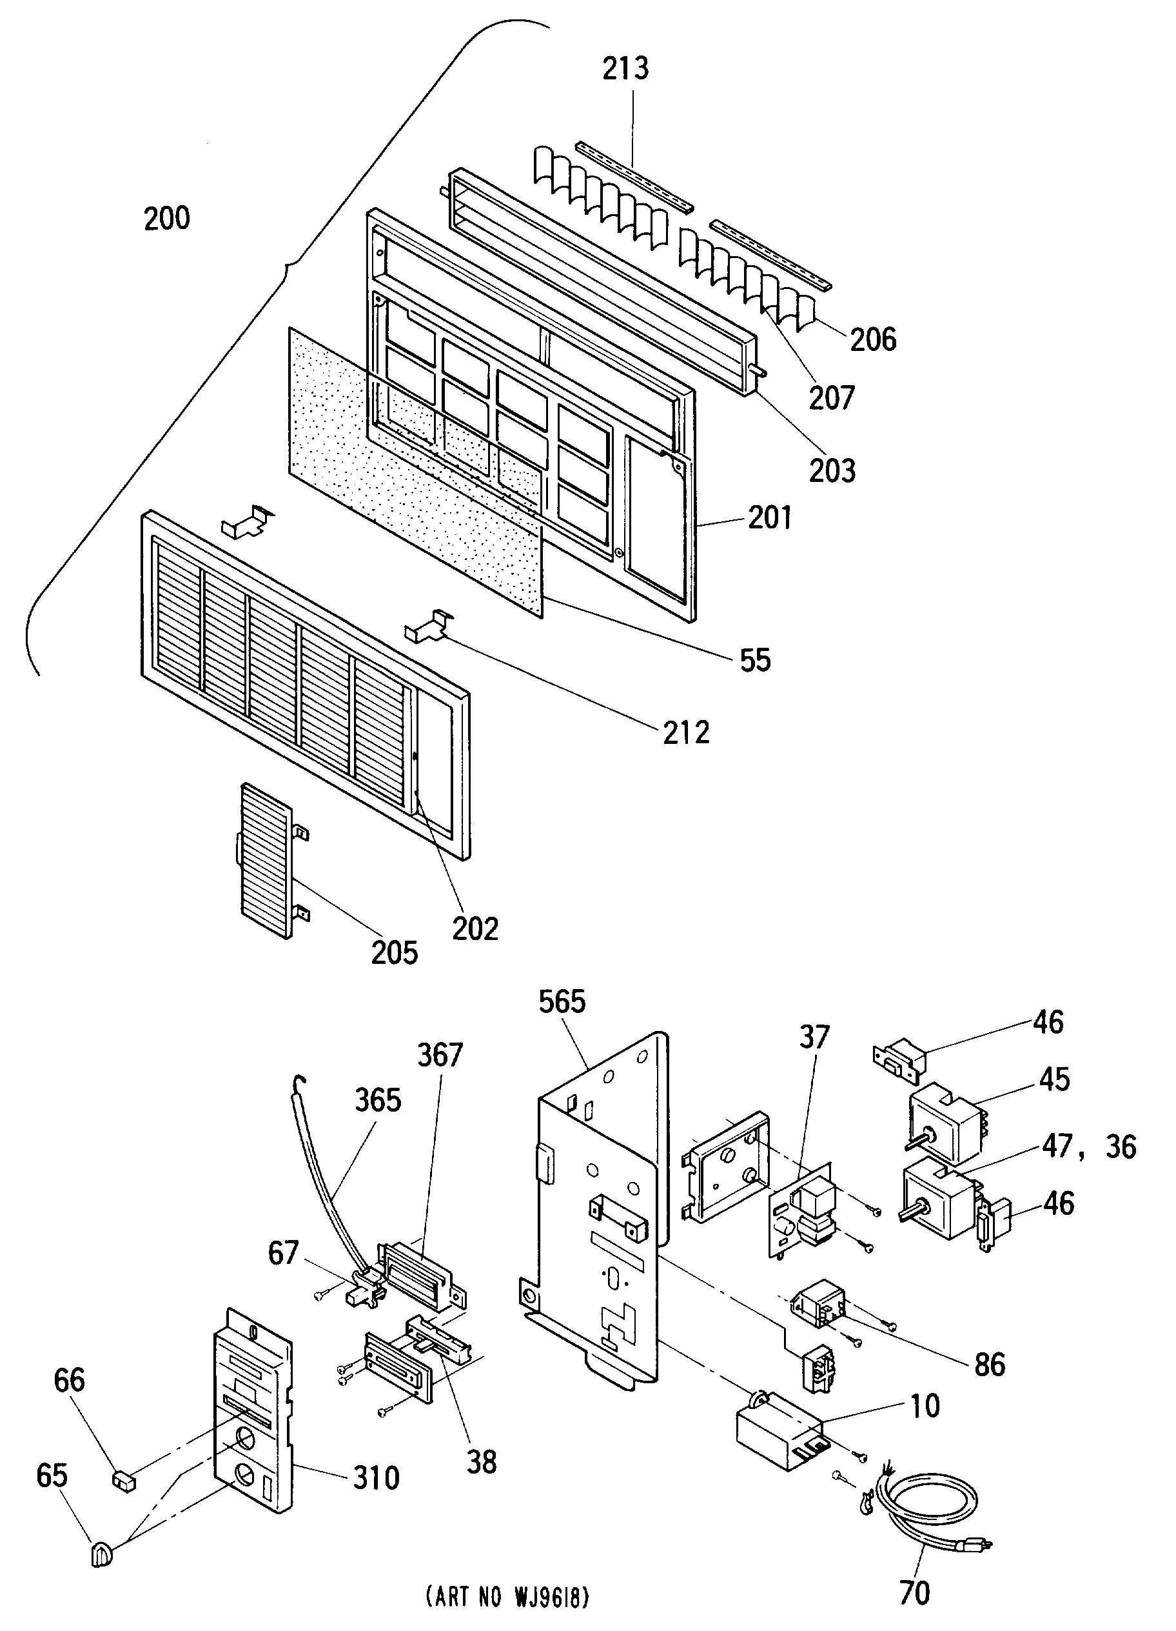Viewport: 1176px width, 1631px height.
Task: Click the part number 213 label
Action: click(625, 69)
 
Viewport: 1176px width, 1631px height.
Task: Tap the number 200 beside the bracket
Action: click(167, 219)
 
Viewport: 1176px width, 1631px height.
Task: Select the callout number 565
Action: click(562, 1002)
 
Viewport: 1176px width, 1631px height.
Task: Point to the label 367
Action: click(440, 1056)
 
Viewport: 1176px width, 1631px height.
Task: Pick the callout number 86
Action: click(989, 1364)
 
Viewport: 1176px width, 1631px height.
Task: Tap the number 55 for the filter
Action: click(755, 660)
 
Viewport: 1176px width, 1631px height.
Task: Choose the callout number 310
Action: click(376, 1479)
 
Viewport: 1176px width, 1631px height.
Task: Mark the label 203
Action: click(832, 471)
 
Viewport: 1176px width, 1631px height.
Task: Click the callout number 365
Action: click(377, 1100)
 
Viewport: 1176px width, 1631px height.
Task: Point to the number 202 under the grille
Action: click(475, 929)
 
